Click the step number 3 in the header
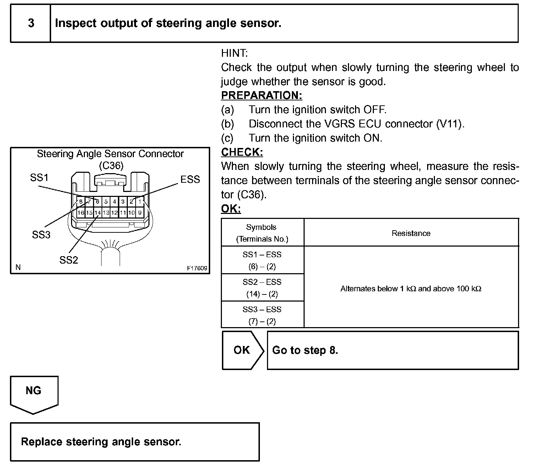[x=31, y=23]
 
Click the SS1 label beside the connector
[x=39, y=177]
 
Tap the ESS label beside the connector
[x=190, y=180]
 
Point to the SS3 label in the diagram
[x=41, y=235]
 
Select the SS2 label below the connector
[x=69, y=260]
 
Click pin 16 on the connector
[x=81, y=213]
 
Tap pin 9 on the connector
[x=140, y=213]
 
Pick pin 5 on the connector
[x=106, y=202]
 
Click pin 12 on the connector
[x=114, y=213]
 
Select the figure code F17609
[x=197, y=268]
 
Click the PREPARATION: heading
[x=262, y=95]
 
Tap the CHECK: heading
[x=242, y=152]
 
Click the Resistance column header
[x=411, y=233]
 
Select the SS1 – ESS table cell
[x=262, y=260]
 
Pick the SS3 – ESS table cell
[x=262, y=315]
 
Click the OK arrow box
[x=242, y=350]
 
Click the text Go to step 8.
[x=305, y=350]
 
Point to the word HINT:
[x=234, y=53]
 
